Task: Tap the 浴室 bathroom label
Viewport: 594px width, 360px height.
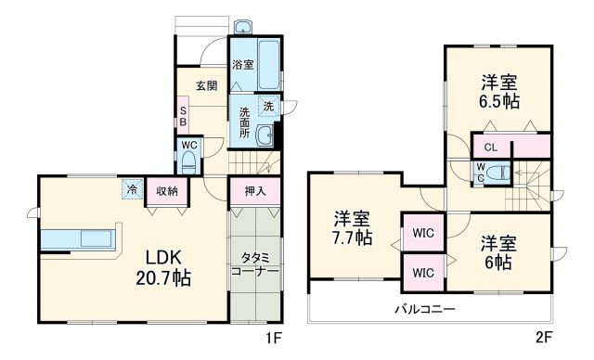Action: [x=242, y=66]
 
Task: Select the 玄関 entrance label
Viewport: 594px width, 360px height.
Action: [x=206, y=86]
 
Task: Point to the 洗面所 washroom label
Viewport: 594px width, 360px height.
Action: [x=245, y=122]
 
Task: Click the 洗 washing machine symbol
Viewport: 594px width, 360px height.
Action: [x=268, y=107]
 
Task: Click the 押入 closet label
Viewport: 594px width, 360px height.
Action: [x=255, y=191]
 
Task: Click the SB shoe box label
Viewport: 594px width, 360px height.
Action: [x=183, y=116]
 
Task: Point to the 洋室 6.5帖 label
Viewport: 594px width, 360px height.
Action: [x=498, y=91]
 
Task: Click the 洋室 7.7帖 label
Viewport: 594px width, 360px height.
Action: [x=353, y=228]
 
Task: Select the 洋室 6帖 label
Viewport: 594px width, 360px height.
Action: [x=497, y=252]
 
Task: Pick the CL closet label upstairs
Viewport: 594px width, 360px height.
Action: [x=491, y=147]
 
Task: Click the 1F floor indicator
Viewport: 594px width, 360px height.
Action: [x=276, y=340]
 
